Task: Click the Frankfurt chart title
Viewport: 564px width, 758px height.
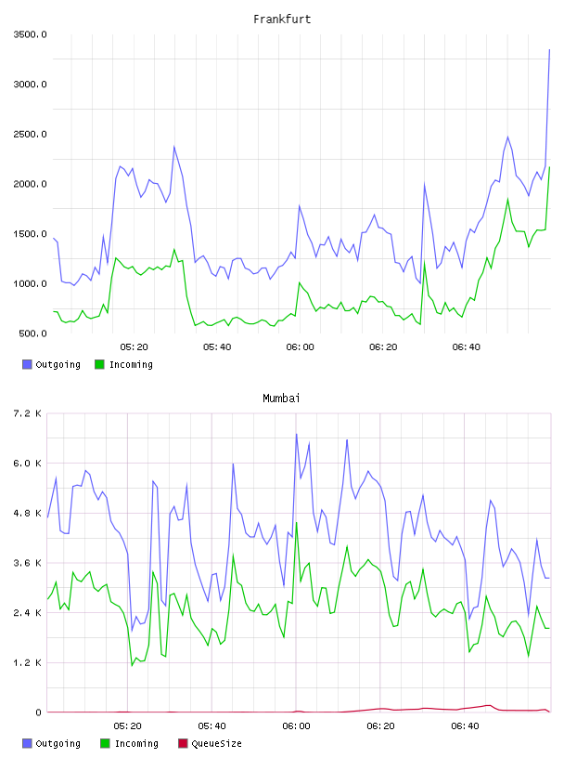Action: point(282,20)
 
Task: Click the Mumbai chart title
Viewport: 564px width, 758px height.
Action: point(281,399)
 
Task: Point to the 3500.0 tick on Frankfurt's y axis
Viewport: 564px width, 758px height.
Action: point(30,34)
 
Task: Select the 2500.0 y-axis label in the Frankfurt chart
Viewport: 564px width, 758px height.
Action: point(30,135)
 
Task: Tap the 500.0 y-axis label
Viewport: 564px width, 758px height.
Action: point(32,333)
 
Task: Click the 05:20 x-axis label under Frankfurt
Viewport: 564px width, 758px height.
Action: point(134,347)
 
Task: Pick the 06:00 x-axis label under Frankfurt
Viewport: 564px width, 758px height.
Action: point(300,347)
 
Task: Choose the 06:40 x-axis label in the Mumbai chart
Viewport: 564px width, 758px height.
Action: point(465,726)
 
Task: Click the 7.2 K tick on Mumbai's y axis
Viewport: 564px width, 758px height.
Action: point(28,413)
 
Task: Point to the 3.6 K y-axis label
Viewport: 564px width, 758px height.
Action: point(28,563)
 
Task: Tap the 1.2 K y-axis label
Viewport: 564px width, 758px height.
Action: point(28,662)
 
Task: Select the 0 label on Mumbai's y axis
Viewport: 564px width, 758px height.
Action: point(38,712)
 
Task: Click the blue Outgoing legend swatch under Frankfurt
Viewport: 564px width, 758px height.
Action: point(27,364)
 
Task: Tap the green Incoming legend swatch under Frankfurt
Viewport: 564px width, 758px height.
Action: point(99,364)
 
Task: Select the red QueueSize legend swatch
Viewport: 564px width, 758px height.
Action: point(183,743)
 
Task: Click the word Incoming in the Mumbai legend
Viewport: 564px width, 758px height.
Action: point(136,743)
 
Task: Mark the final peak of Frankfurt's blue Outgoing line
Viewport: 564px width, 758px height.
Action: point(549,49)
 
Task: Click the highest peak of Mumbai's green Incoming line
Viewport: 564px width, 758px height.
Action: point(297,522)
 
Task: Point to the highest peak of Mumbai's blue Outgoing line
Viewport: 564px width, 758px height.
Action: point(297,434)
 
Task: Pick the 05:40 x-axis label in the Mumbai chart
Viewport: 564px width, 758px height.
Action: point(211,726)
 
